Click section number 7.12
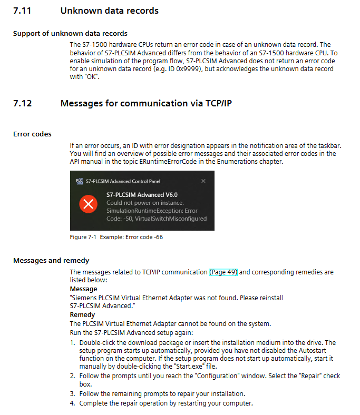pos(22,103)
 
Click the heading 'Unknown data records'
pos(109,11)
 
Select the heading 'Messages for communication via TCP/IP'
pos(146,103)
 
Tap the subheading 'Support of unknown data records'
pos(70,34)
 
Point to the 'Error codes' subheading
pos(32,134)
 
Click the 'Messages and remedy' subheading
pos(51,261)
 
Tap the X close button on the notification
pos(203,181)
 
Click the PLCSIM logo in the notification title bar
pos(80,181)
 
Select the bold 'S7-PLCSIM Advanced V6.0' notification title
pos(142,195)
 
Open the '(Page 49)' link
pos(223,272)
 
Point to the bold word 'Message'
pos(83,289)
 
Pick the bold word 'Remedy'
pos(82,315)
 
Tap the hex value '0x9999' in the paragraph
pos(192,69)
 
